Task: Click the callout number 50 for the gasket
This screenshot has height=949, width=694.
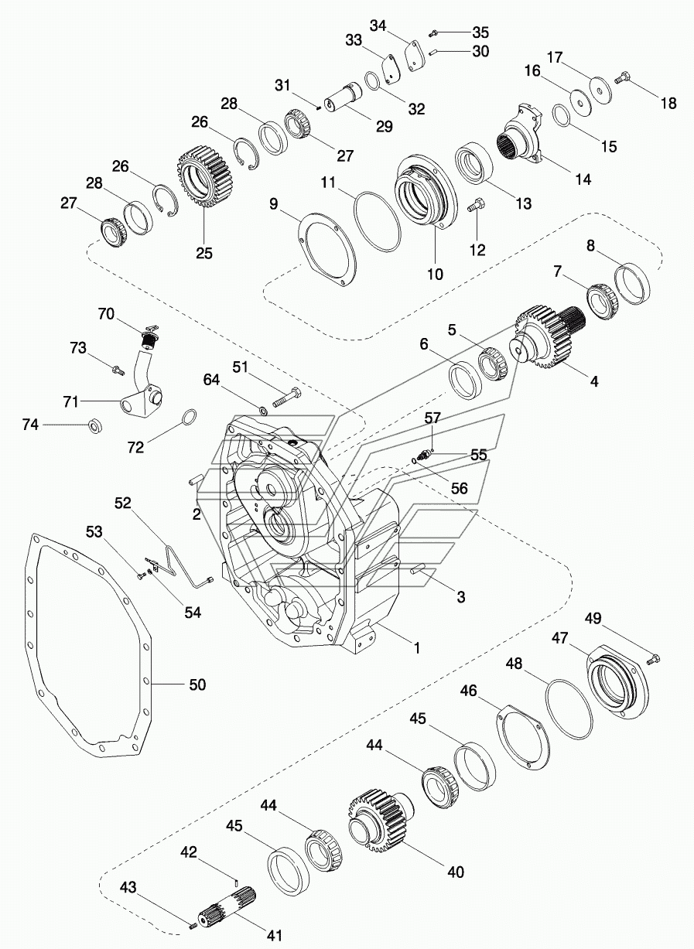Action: [x=198, y=684]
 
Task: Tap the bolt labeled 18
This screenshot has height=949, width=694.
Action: [x=622, y=78]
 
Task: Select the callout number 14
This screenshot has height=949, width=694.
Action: [x=583, y=179]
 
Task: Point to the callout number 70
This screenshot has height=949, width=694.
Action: [x=105, y=313]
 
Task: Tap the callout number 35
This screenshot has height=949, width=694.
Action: [x=480, y=32]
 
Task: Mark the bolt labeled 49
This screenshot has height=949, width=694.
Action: [x=651, y=658]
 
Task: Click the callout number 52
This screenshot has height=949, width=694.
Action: [x=123, y=503]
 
